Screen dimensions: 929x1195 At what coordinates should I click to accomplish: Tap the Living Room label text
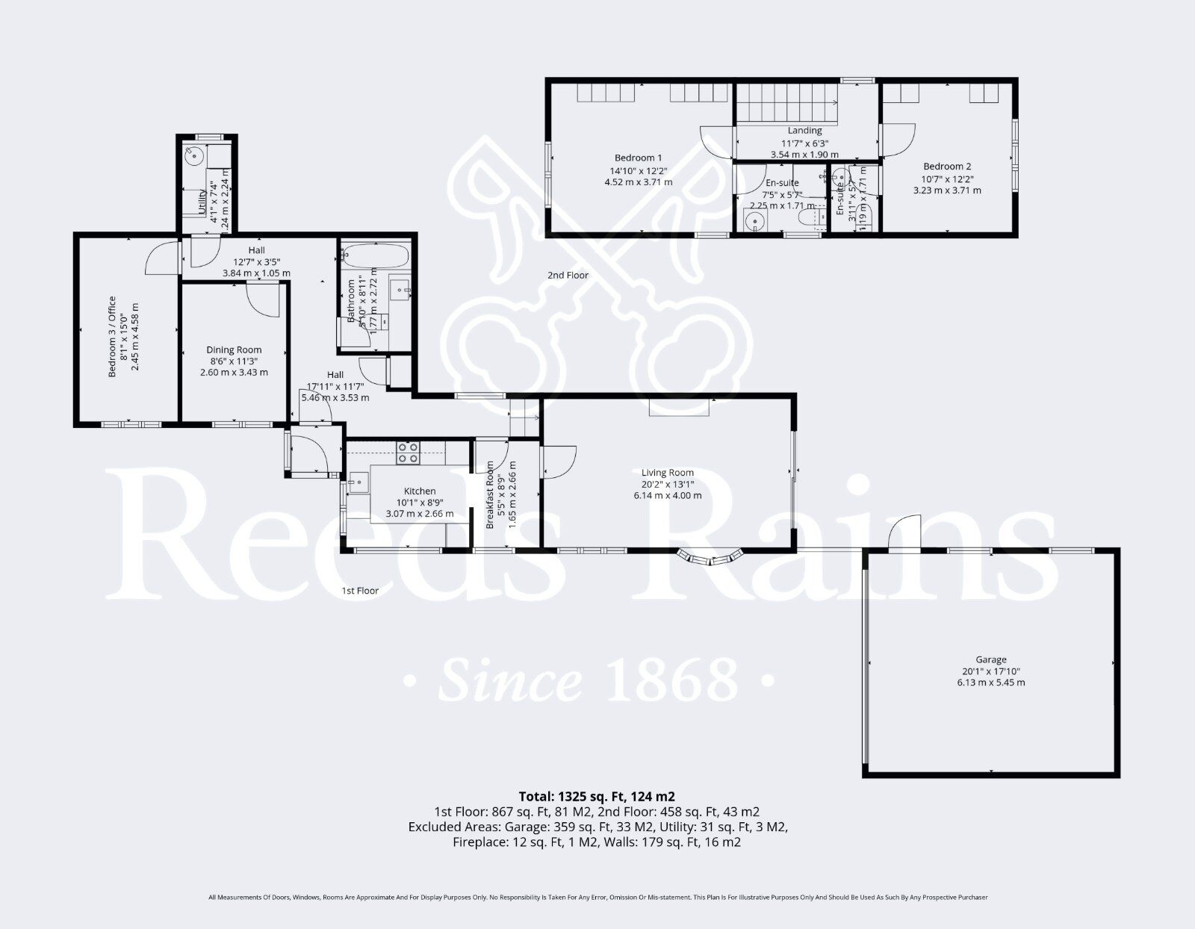(668, 472)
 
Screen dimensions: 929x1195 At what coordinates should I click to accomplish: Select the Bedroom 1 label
(638, 158)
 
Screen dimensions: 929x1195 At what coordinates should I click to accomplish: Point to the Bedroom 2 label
(947, 167)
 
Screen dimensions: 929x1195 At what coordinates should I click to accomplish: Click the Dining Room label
(234, 349)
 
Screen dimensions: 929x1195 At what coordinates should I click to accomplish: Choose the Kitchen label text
(420, 491)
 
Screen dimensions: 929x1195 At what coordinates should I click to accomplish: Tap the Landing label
(804, 131)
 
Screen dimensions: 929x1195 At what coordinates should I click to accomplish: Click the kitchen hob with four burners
(408, 452)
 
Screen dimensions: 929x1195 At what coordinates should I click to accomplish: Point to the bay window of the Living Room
(710, 557)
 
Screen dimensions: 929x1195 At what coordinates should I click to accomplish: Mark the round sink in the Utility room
(194, 156)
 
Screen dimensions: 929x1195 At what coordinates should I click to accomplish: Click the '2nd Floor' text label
(568, 275)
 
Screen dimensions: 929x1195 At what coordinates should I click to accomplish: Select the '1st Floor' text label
(360, 591)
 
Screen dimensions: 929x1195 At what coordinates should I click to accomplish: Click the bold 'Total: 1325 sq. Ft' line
(597, 796)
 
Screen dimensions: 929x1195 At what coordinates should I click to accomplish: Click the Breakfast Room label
(491, 495)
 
